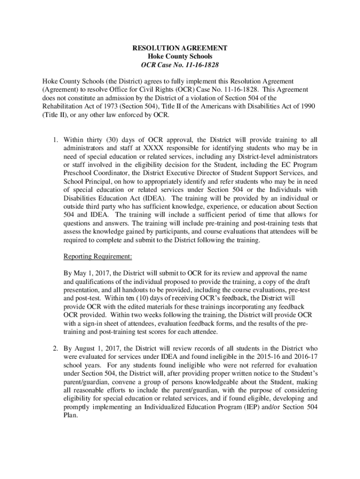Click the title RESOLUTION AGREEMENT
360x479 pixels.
180,48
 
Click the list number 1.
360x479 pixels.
54,139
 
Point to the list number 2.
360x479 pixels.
54,348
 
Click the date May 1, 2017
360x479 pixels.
87,273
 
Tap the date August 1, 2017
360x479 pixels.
97,348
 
